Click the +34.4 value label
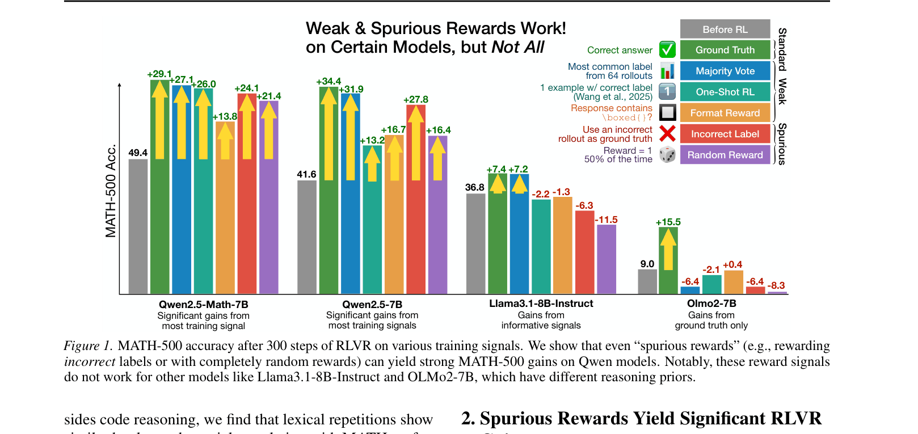coord(329,81)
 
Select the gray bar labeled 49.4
coord(138,226)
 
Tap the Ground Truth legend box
coord(725,50)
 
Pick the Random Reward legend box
coord(725,155)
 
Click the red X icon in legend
coord(667,133)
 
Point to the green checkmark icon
coord(667,50)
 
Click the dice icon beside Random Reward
coord(667,154)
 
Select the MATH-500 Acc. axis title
coord(111,191)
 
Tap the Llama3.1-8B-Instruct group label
coord(541,304)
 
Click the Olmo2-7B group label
coord(711,304)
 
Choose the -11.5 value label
coord(606,220)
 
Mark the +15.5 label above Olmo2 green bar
coord(668,222)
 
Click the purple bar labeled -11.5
coord(606,259)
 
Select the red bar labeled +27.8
coord(416,199)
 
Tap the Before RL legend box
coord(725,30)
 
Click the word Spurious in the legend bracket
coord(782,144)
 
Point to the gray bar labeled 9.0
coord(647,281)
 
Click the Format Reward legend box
coord(725,113)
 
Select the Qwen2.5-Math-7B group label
coord(203,305)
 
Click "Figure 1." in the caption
coord(88,346)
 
